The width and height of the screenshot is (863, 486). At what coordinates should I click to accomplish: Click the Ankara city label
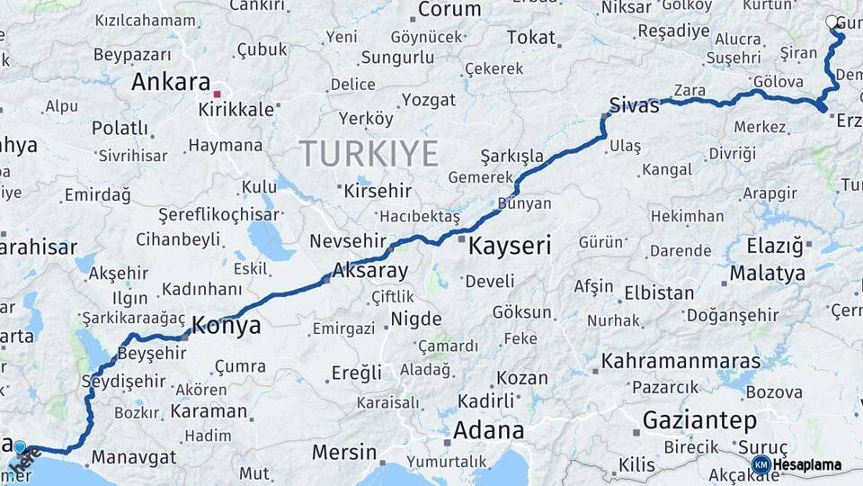pyautogui.click(x=171, y=82)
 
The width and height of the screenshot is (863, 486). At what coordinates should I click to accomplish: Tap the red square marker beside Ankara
pyautogui.click(x=217, y=92)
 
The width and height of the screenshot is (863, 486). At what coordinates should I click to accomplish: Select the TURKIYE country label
pyautogui.click(x=369, y=153)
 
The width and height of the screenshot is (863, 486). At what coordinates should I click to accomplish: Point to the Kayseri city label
pyautogui.click(x=510, y=245)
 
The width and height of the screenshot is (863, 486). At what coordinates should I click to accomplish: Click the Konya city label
pyautogui.click(x=227, y=325)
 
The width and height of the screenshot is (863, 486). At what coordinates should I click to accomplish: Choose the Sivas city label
pyautogui.click(x=634, y=104)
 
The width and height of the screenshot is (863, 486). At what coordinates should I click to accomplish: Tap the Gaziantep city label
pyautogui.click(x=699, y=420)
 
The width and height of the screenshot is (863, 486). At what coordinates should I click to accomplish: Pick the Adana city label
pyautogui.click(x=488, y=430)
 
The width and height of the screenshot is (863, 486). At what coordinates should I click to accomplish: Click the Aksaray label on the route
pyautogui.click(x=370, y=270)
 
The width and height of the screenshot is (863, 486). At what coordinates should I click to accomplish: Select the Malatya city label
pyautogui.click(x=767, y=274)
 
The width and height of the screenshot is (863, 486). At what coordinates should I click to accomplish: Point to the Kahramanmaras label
pyautogui.click(x=681, y=362)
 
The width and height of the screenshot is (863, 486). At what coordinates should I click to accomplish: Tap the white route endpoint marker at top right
pyautogui.click(x=832, y=22)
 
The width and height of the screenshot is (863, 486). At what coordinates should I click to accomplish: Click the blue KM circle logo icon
pyautogui.click(x=761, y=464)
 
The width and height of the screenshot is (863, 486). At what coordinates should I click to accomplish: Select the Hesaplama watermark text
pyautogui.click(x=808, y=465)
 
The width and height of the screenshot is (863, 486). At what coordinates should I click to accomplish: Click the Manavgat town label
pyautogui.click(x=134, y=457)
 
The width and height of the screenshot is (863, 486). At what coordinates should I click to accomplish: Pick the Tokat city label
pyautogui.click(x=530, y=38)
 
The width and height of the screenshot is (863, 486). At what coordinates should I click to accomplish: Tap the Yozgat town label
pyautogui.click(x=429, y=100)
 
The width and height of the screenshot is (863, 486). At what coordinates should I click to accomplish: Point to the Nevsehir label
pyautogui.click(x=347, y=241)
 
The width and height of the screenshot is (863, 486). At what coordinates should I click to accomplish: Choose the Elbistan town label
pyautogui.click(x=659, y=293)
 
